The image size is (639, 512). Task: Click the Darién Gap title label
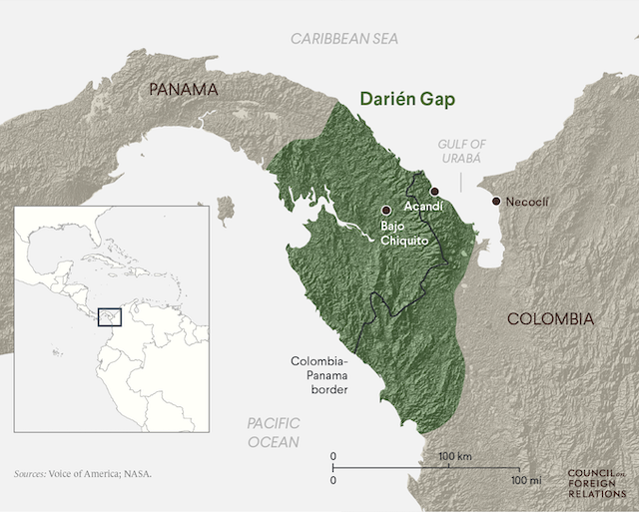(x=413, y=101)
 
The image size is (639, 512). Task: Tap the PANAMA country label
(x=183, y=90)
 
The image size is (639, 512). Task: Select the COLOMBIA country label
(x=550, y=319)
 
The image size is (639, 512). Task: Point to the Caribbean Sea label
(x=343, y=39)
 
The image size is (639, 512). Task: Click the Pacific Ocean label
(x=274, y=432)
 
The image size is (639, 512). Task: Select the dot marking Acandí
(x=433, y=191)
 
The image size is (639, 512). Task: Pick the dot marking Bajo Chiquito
(x=386, y=210)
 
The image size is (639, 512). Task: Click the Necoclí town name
(x=528, y=202)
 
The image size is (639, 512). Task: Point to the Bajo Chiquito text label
(x=398, y=235)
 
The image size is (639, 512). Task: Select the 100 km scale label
(x=454, y=456)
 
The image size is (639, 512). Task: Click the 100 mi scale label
(x=525, y=480)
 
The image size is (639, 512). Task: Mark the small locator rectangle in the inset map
(x=109, y=316)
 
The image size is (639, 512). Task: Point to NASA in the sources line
(x=139, y=474)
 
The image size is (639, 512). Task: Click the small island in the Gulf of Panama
(x=225, y=208)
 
